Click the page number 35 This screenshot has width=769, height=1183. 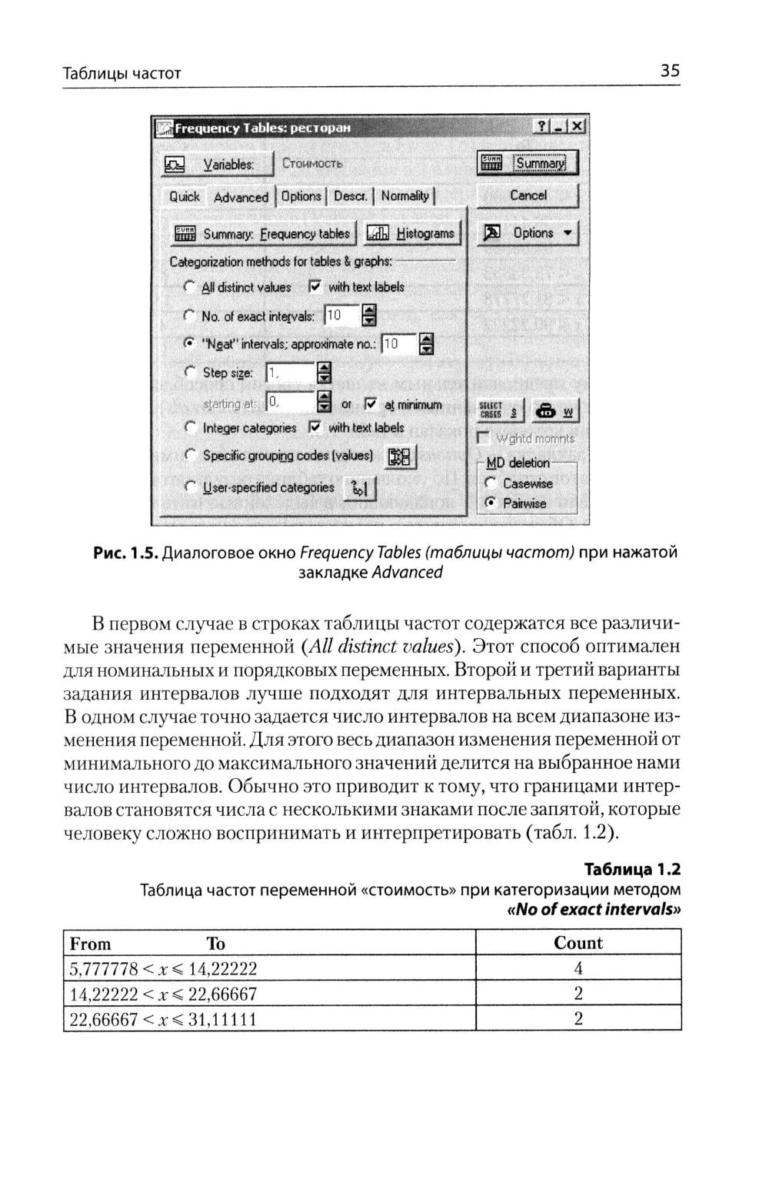point(669,72)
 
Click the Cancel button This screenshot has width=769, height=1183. point(528,195)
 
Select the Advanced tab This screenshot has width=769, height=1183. point(241,197)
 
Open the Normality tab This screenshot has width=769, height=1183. point(405,196)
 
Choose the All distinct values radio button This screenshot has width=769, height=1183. point(188,287)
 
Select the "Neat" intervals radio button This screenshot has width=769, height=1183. point(188,343)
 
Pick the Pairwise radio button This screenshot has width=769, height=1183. point(489,503)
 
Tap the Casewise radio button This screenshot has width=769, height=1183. point(489,483)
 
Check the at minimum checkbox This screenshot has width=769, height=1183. point(371,404)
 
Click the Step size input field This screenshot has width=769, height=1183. point(290,374)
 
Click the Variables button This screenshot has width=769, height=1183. point(218,164)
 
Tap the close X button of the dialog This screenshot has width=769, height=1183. point(578,127)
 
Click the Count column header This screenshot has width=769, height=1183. point(578,944)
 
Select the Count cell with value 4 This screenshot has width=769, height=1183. point(578,968)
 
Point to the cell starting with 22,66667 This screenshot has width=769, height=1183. point(163,1020)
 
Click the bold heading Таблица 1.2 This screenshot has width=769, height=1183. point(632,870)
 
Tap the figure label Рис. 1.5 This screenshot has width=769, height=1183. point(126,553)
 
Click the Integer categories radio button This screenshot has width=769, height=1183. point(189,427)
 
